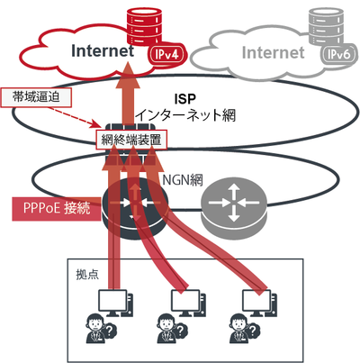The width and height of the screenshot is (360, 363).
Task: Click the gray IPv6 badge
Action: [339, 55]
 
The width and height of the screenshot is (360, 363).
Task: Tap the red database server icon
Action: [144, 27]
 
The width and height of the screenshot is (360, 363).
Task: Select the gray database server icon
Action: [326, 27]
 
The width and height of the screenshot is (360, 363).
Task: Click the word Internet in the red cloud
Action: [103, 50]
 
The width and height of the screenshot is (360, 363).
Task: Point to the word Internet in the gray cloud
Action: [273, 52]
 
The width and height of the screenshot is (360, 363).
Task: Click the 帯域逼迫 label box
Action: [36, 97]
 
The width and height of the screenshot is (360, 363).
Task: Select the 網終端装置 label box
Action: [131, 140]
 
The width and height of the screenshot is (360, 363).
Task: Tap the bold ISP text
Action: [184, 99]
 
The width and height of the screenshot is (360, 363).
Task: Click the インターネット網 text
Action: [186, 115]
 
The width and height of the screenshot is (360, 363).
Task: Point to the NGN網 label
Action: [183, 180]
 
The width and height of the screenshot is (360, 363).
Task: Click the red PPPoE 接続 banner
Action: [57, 209]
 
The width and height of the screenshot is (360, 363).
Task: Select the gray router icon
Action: [234, 208]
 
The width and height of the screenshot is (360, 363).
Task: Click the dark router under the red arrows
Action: [135, 208]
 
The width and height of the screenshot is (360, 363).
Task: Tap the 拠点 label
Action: [87, 274]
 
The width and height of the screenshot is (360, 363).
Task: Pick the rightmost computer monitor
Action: [257, 303]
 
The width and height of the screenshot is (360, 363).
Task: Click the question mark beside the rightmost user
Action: [253, 331]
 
